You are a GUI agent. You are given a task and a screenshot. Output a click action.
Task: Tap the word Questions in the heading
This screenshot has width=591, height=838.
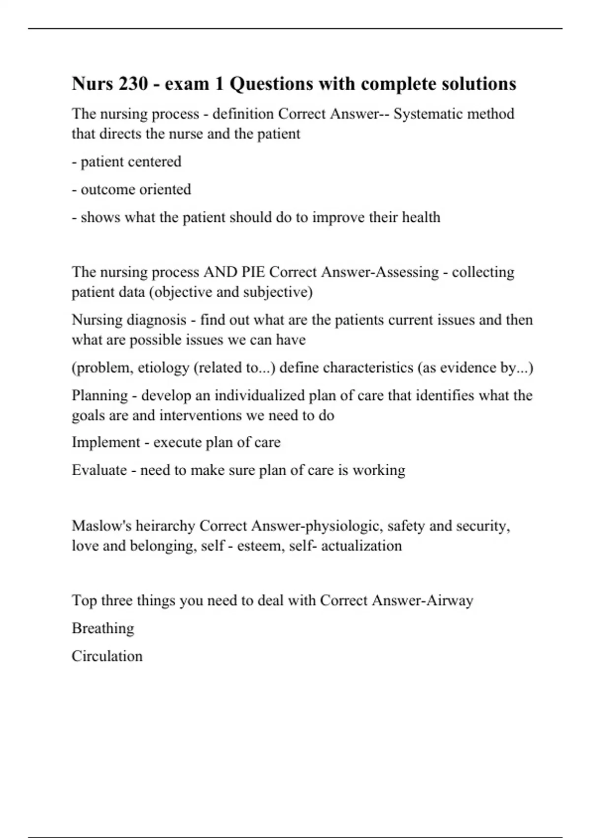pos(269,84)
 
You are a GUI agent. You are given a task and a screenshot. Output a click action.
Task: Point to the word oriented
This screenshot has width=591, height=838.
pos(164,190)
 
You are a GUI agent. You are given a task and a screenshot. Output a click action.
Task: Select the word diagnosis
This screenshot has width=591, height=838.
pos(156,320)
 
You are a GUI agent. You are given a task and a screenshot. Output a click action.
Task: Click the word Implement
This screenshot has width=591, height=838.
pos(106,442)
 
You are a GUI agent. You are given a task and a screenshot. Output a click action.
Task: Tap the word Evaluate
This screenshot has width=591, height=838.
pos(99,470)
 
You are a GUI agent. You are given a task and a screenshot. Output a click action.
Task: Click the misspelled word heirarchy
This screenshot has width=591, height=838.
pos(165,526)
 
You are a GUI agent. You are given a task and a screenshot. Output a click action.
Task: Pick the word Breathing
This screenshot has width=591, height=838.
pos(103,628)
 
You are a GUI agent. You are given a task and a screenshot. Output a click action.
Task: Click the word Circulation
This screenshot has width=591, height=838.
pos(107,656)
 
